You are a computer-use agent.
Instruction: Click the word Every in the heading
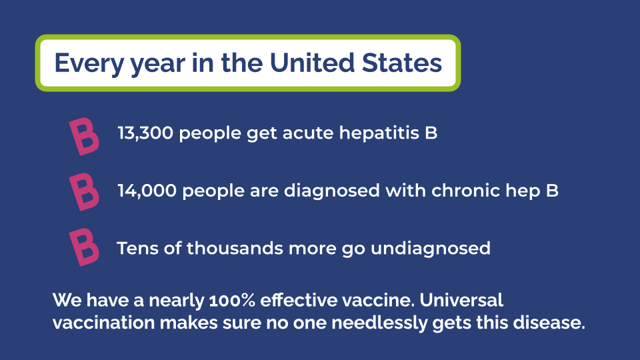[x=89, y=64]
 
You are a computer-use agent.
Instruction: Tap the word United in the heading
[x=312, y=63]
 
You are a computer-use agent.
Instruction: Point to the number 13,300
[x=145, y=133]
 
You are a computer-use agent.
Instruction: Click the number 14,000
[x=147, y=191]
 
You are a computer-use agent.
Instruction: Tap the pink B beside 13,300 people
[x=84, y=136]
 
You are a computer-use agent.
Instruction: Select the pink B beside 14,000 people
[x=84, y=192]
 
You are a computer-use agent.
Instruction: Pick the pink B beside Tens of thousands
[x=84, y=247]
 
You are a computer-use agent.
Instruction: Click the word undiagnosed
[x=431, y=249]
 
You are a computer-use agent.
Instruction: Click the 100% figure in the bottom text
[x=232, y=301]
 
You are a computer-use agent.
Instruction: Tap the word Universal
[x=461, y=300]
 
